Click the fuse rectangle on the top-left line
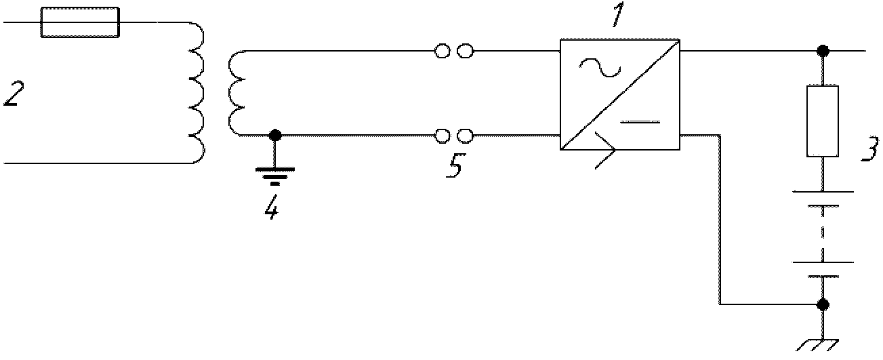(80, 22)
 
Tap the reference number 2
(14, 94)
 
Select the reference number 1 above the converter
(618, 15)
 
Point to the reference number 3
(870, 149)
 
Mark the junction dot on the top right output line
(823, 51)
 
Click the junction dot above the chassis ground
(823, 304)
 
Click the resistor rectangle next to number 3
(823, 121)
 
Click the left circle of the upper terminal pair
(442, 51)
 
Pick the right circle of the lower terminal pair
(466, 136)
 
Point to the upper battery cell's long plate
(823, 192)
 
